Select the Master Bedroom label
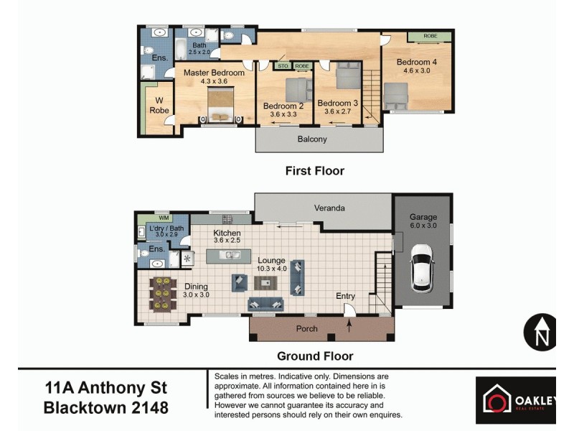coord(214,73)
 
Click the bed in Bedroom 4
coord(395,95)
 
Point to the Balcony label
coord(312,139)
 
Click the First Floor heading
coord(315,171)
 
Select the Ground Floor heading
coord(315,356)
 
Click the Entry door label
coord(346,296)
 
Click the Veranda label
coord(330,208)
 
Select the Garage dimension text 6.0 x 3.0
coord(423,226)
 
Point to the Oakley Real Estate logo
coord(515,399)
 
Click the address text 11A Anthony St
coord(105,389)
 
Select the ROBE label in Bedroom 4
coord(430,36)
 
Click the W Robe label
coord(159,106)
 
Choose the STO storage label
coord(284,65)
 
